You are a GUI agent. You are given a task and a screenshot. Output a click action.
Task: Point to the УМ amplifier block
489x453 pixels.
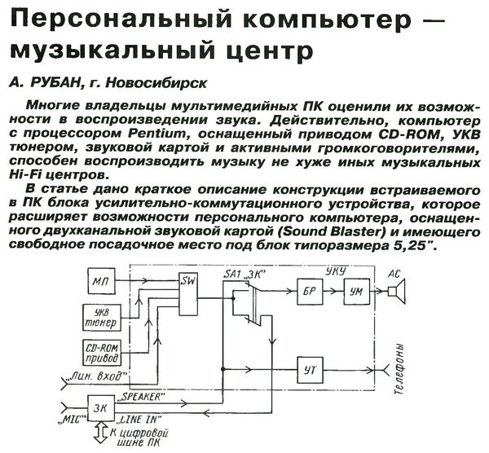click(355, 290)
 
